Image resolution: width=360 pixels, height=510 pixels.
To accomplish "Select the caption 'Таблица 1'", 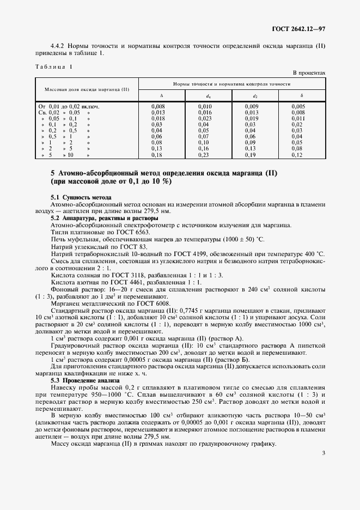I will pos(53,66).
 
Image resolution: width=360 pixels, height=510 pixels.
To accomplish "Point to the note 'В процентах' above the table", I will pos(309,72).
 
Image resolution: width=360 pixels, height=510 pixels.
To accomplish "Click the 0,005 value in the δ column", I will pos(298,106).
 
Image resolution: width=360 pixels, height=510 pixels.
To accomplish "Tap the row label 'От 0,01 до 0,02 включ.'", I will pos(69,106).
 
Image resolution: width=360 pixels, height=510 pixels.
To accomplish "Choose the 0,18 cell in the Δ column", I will pos(157,155).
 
